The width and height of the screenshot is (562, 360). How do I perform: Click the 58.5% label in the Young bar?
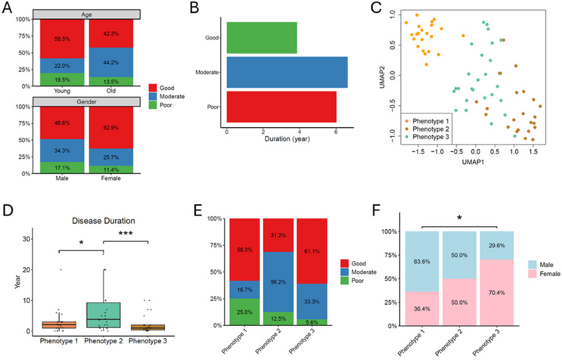coord(62,40)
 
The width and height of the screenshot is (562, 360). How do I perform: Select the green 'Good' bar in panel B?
coord(261,37)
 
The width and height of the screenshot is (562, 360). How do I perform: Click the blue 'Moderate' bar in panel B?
coord(287,72)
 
